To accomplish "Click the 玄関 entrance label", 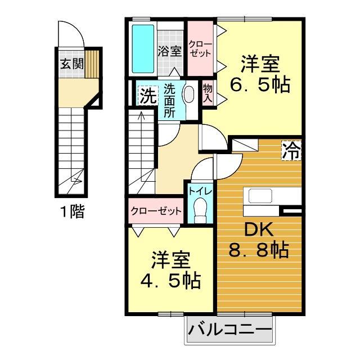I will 70,62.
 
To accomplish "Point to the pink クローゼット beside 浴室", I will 200,48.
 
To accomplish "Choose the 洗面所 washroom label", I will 170,100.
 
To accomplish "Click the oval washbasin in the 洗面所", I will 189,94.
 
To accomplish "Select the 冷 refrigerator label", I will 291,150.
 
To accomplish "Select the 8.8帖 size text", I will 258,249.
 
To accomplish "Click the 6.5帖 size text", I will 260,84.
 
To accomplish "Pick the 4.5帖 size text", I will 169,280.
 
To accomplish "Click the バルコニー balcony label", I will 230,330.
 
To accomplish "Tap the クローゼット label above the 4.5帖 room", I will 156,211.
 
